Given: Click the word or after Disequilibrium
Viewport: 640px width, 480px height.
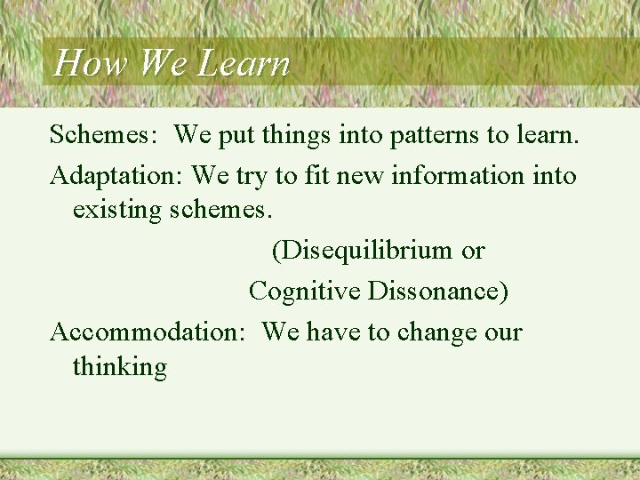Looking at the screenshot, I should pos(473,251).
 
